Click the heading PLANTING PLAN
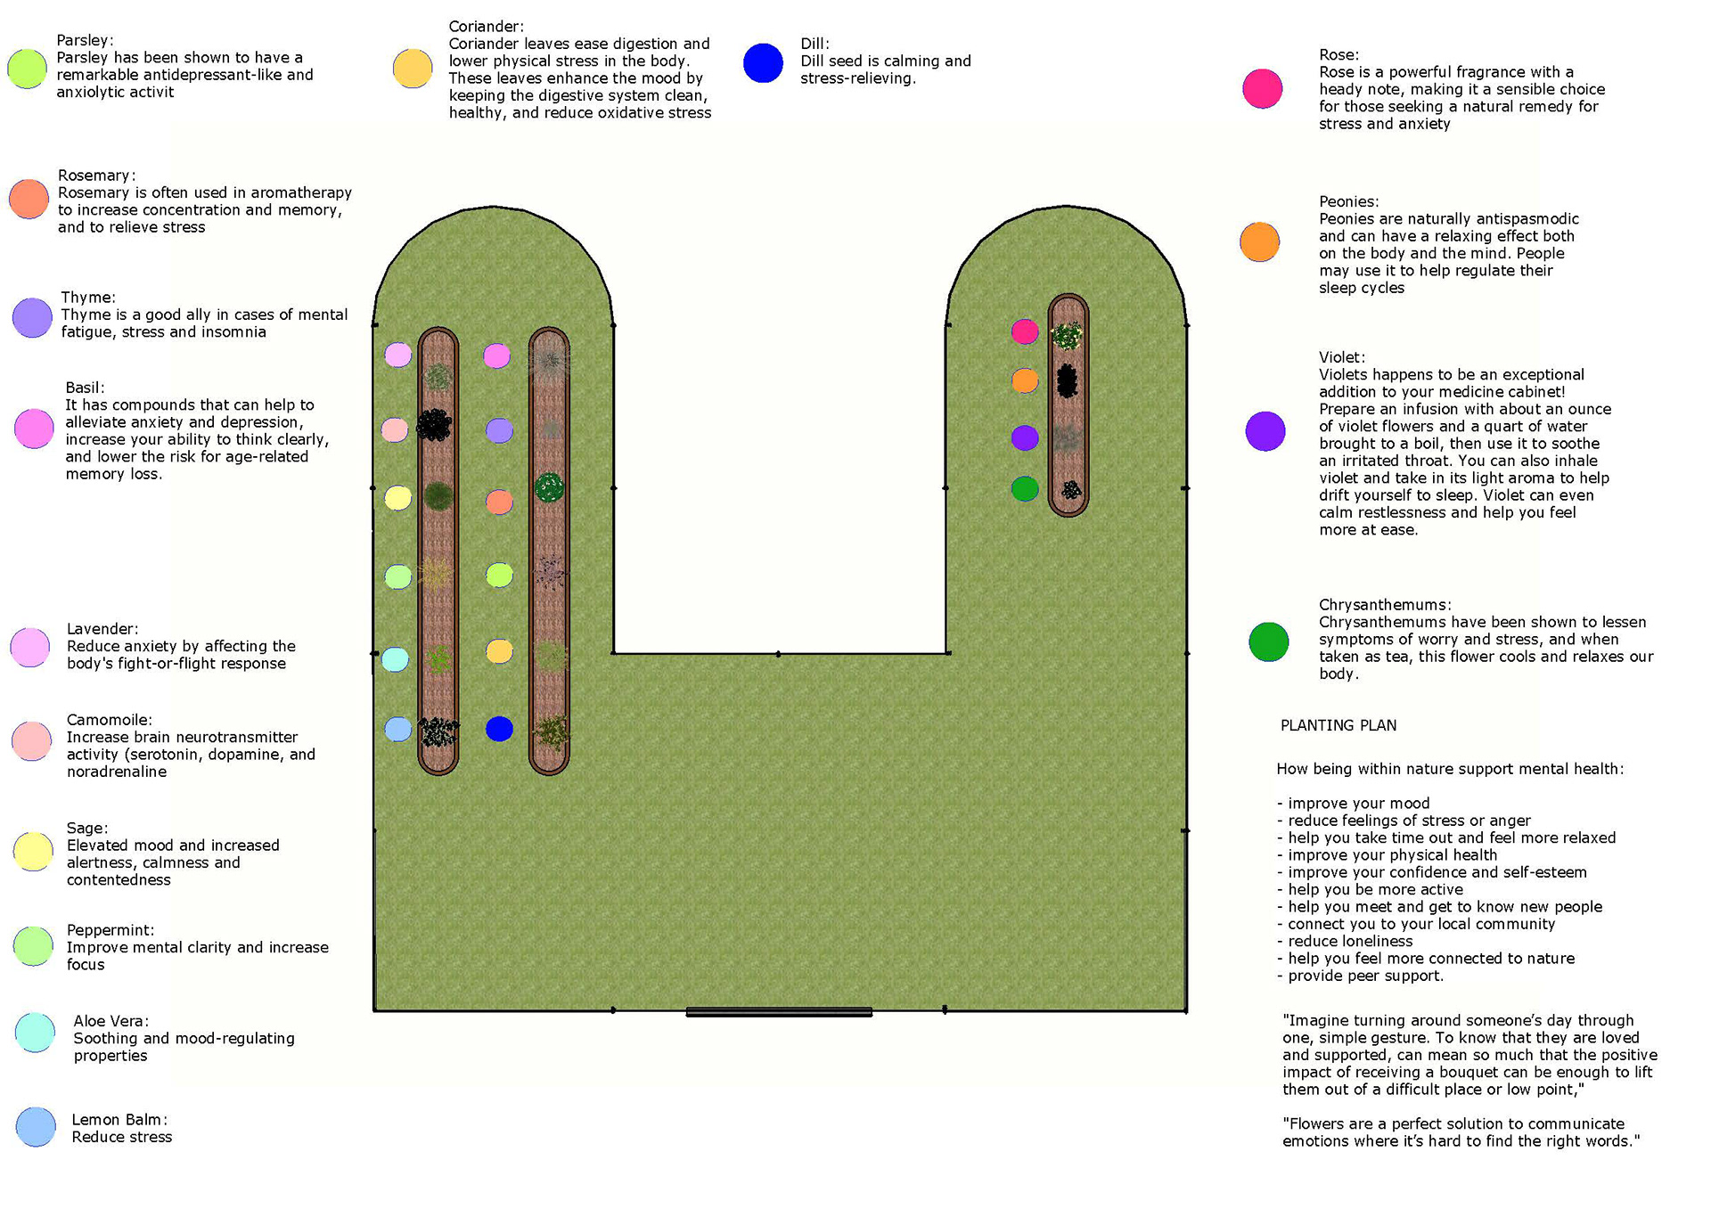1338,725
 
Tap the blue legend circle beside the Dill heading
763,63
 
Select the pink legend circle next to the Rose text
1262,88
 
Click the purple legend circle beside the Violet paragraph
1265,431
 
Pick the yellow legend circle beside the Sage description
33,851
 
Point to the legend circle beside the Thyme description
32,317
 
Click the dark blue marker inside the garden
499,729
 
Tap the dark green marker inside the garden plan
1025,488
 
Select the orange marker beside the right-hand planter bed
1025,380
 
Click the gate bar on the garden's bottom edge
778,1012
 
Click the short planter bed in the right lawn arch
1068,405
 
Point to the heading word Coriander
486,27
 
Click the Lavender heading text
102,629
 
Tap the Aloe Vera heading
111,1021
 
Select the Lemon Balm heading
119,1120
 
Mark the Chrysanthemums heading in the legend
1384,605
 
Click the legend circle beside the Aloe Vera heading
35,1032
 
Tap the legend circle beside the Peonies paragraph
1259,241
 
